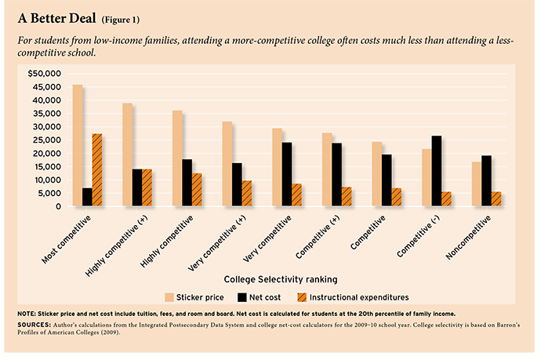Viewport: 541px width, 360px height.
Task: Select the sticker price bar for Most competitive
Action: [x=78, y=146]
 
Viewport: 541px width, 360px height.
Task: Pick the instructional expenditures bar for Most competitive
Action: [x=97, y=170]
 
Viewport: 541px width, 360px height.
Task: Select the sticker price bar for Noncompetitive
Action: [x=477, y=184]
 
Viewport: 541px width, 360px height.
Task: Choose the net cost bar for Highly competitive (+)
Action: [x=137, y=187]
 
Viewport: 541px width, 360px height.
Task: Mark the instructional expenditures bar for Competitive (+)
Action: [x=347, y=197]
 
